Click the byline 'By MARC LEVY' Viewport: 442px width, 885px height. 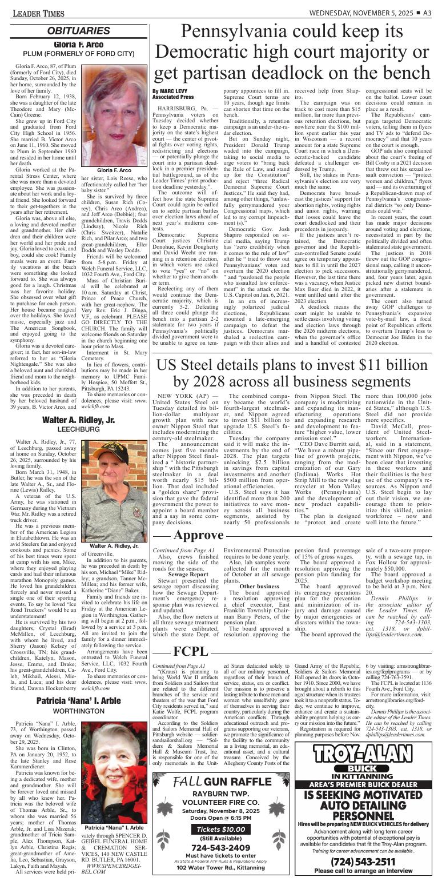(172, 91)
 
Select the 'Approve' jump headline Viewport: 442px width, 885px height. (198, 535)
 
